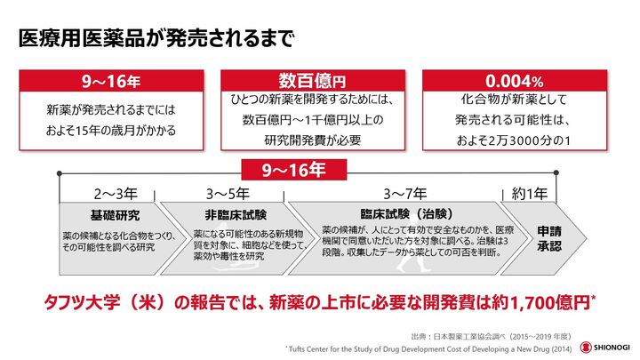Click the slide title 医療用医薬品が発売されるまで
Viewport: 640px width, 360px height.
(156, 39)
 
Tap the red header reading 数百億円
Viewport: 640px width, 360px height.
(313, 81)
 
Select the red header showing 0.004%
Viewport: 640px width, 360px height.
(515, 81)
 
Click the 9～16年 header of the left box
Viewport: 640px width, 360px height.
(111, 81)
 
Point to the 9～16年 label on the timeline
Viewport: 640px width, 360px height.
(294, 170)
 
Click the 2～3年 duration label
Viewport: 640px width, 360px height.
(116, 194)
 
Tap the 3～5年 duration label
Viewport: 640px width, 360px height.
(228, 194)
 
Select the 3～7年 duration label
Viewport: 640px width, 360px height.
(404, 194)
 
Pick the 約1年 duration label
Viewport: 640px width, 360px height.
(530, 194)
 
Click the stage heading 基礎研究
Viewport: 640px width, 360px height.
(115, 215)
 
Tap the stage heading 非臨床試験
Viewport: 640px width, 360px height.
(236, 215)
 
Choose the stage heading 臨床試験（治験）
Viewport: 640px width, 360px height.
(406, 214)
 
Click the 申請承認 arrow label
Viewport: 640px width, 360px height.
(549, 239)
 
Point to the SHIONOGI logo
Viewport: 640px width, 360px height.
(605, 348)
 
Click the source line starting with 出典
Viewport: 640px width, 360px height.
(491, 336)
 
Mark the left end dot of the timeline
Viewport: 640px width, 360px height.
(60, 173)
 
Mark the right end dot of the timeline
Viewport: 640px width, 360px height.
(556, 173)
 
